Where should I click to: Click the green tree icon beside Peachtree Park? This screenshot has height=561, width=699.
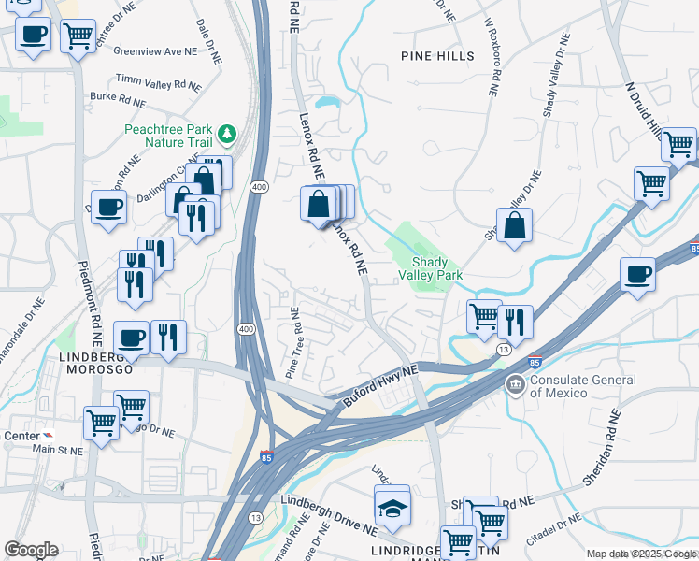tap(226, 135)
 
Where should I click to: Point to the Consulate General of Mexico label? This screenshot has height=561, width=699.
tap(582, 386)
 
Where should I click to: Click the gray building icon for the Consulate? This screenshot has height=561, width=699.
tap(515, 384)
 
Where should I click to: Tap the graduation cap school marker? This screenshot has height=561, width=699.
tap(392, 507)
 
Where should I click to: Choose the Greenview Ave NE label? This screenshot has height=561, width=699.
tap(155, 51)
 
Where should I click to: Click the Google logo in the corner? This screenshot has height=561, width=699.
tap(31, 550)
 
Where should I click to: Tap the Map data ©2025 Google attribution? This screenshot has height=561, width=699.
tap(641, 554)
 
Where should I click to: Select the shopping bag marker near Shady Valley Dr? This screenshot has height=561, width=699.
tap(514, 225)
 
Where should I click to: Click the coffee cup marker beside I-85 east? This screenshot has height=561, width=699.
tap(637, 275)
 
